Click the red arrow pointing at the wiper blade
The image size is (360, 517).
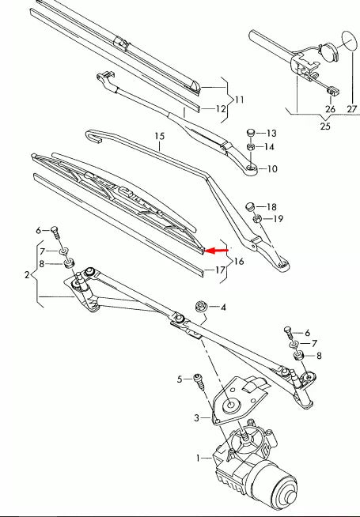click(x=217, y=251)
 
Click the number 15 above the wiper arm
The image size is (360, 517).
click(x=160, y=138)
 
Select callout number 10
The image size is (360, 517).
click(x=273, y=169)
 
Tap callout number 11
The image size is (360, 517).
click(x=239, y=100)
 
